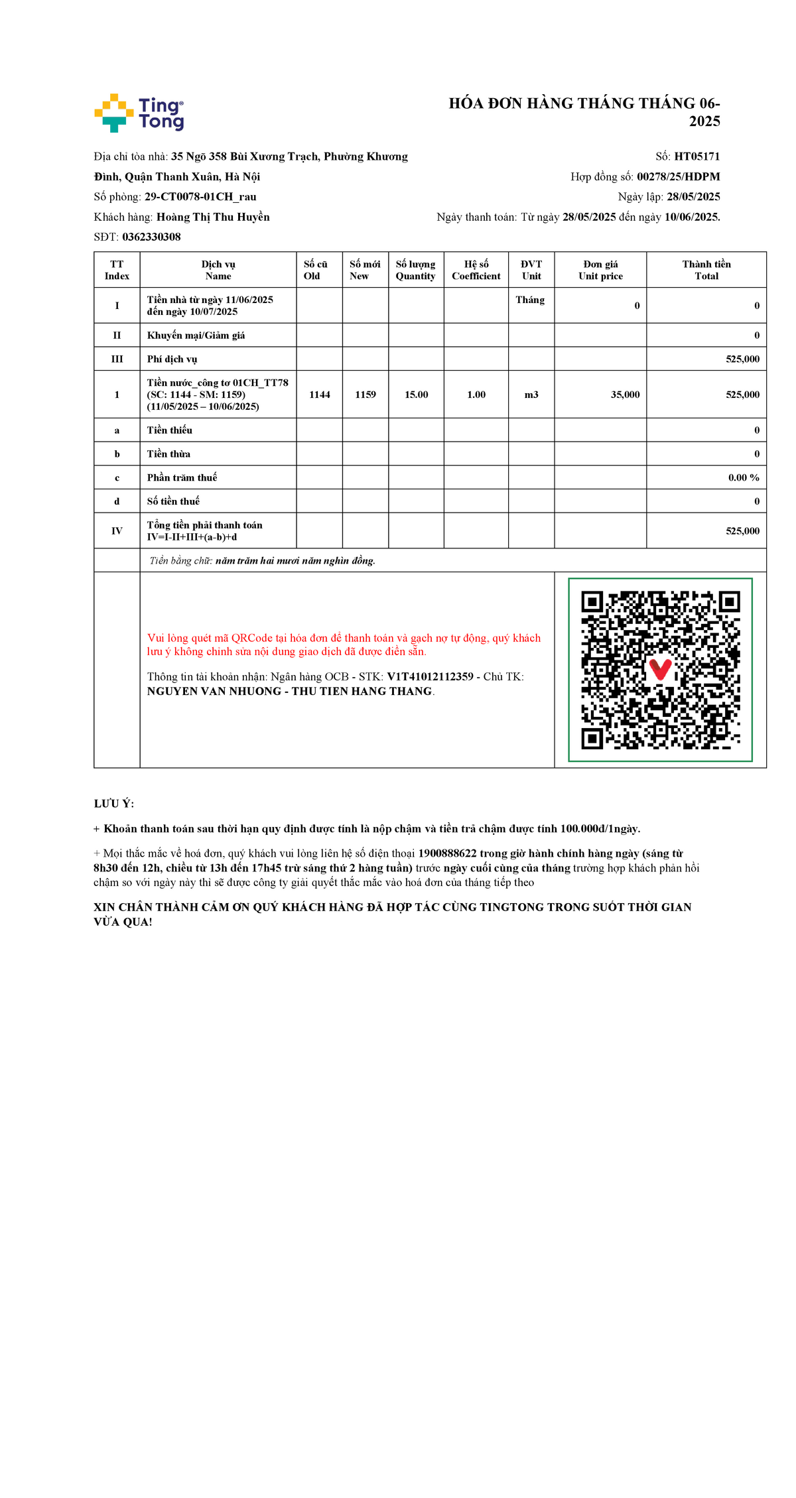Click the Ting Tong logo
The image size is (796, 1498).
pos(139,113)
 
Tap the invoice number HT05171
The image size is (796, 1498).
pos(696,156)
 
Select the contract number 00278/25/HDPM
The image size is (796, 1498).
pos(678,176)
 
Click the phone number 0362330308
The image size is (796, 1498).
pos(151,237)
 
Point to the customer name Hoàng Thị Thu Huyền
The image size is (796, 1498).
pos(213,217)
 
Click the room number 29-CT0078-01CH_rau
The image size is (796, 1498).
pos(200,197)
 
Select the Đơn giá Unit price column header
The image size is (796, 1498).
pos(600,270)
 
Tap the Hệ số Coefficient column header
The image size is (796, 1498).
pos(476,270)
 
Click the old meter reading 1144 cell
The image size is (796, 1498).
pos(320,395)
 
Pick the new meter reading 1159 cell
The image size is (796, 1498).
pos(365,395)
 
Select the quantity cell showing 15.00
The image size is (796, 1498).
pos(417,395)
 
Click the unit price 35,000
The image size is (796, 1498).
pos(625,395)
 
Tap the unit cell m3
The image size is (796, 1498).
pos(531,395)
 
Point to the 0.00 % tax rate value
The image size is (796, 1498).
pos(743,477)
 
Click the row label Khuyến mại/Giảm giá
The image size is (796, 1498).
pos(196,336)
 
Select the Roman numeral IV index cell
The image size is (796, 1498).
pos(117,531)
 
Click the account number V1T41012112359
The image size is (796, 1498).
pos(430,676)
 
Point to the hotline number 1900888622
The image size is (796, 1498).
pos(448,853)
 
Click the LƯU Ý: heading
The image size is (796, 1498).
pos(114,804)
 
